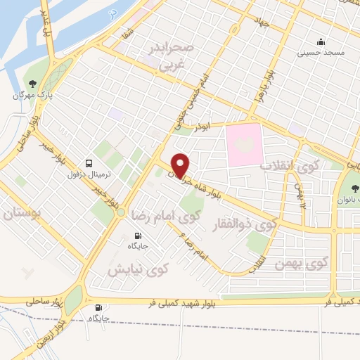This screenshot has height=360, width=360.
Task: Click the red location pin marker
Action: pos(181,165)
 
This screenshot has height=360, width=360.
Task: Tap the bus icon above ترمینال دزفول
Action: pos(89,161)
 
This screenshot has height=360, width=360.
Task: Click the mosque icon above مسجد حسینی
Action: pos(321,41)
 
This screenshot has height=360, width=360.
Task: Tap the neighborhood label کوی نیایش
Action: pos(137,269)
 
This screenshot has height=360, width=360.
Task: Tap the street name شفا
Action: pos(125,32)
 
